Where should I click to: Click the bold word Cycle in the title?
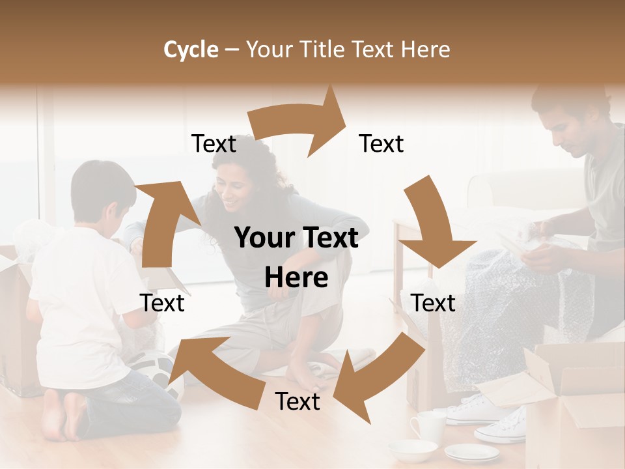pos(191,50)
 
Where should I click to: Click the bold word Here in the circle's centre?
pos(296,278)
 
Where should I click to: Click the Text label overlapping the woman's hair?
pos(214,143)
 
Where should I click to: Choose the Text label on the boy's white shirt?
pos(162,303)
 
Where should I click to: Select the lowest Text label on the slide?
pos(298,401)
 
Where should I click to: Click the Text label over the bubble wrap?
pos(433,303)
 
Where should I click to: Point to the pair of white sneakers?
pos(495,417)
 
